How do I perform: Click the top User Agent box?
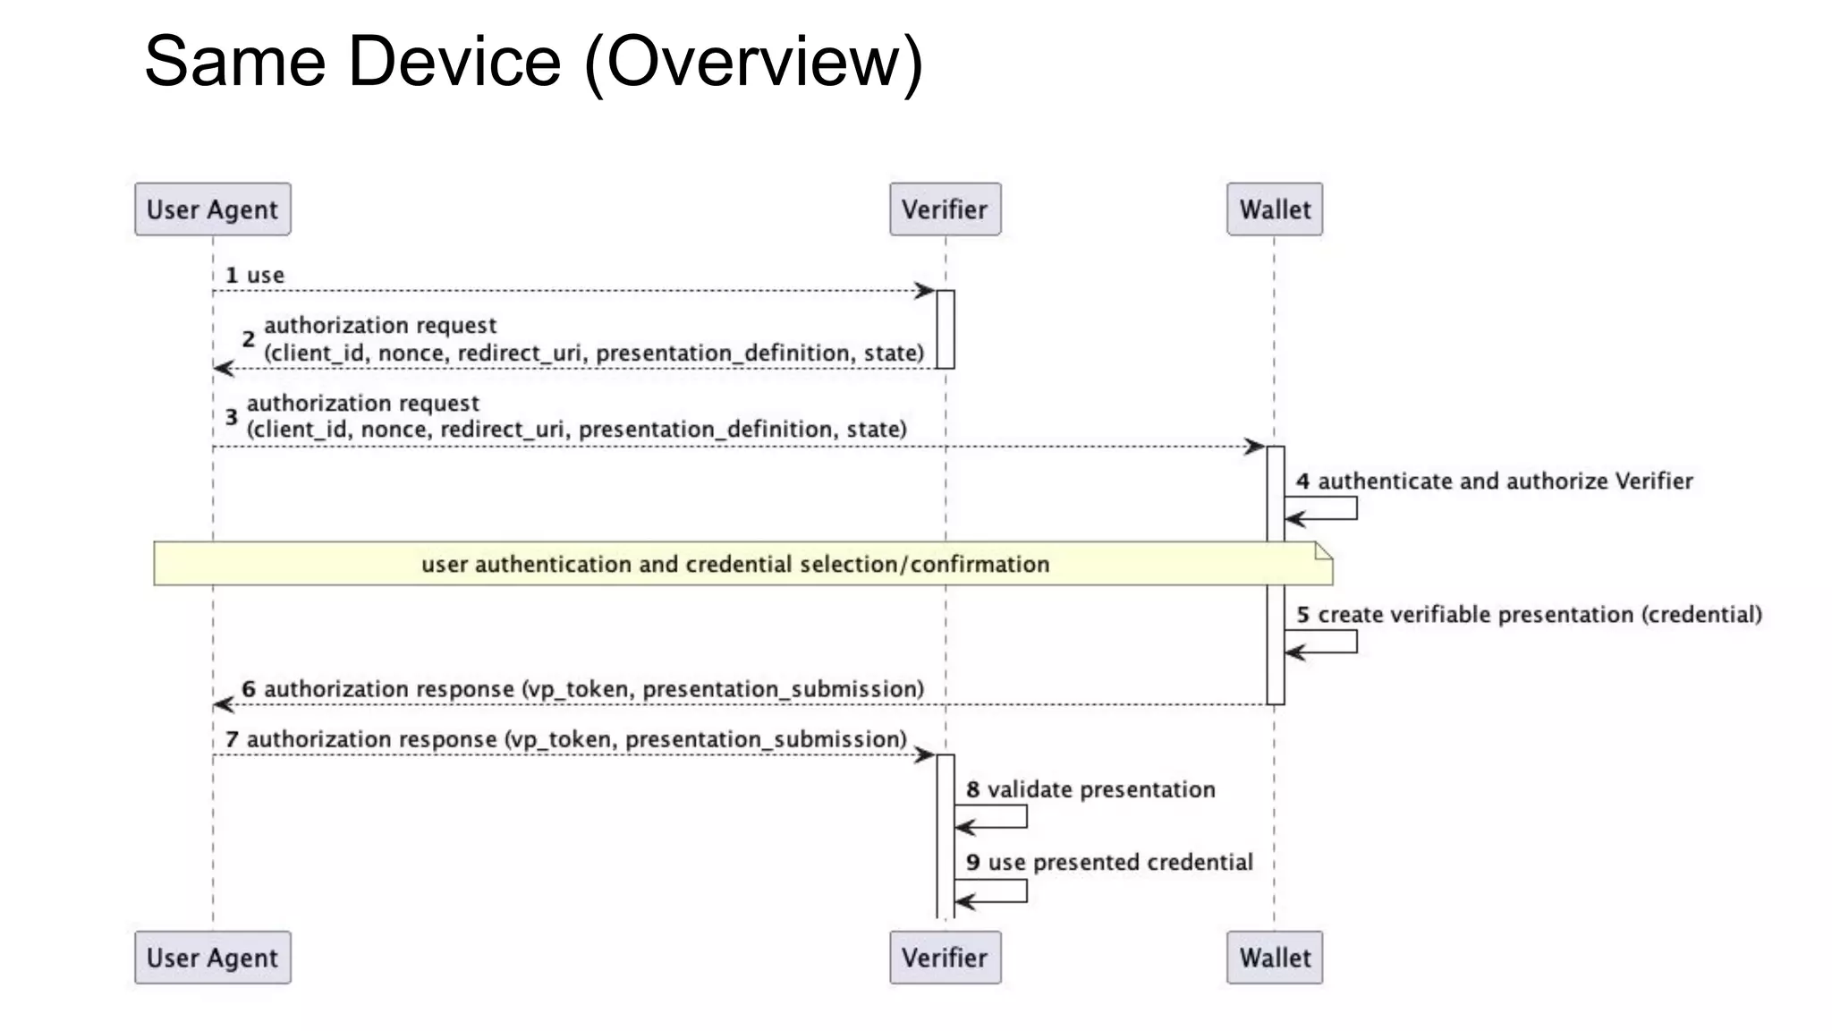tap(213, 209)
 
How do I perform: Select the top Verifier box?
tap(945, 209)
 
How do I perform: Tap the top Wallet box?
tap(1274, 209)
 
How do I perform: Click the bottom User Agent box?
tap(213, 958)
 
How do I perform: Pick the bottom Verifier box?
tap(945, 958)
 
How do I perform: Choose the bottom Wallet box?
tap(1274, 958)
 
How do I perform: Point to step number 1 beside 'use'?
tap(232, 276)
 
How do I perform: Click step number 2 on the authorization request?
tap(249, 339)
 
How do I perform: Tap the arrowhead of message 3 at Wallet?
tap(1255, 447)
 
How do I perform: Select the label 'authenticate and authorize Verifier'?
tap(1505, 481)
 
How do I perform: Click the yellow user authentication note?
tap(735, 564)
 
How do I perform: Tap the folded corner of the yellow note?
tap(1324, 550)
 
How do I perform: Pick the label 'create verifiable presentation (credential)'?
tap(1539, 615)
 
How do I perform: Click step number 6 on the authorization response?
tap(249, 689)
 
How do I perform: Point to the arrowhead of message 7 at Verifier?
tap(925, 755)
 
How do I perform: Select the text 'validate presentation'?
tap(1100, 789)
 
